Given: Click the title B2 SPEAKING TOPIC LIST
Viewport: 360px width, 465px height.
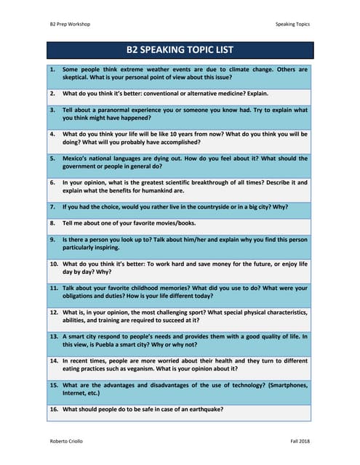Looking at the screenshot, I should [180, 50].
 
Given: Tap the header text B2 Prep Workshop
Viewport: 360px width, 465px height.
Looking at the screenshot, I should [70, 24].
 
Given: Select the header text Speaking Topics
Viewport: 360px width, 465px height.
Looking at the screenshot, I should [292, 24].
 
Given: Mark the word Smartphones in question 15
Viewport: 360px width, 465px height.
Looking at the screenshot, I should [281, 385].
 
